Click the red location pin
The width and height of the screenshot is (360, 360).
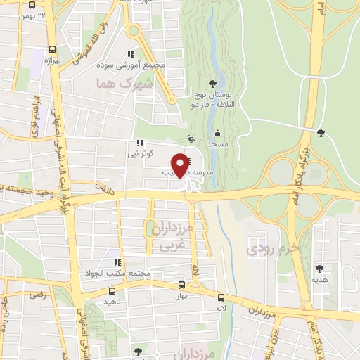tap(181, 165)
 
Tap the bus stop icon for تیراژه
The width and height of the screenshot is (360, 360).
tap(53, 50)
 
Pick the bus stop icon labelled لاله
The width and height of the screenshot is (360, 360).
tap(221, 297)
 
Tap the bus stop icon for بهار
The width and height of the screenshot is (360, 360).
tap(182, 285)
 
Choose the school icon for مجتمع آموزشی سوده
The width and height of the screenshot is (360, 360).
tap(131, 54)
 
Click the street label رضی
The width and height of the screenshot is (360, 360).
tap(35, 295)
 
